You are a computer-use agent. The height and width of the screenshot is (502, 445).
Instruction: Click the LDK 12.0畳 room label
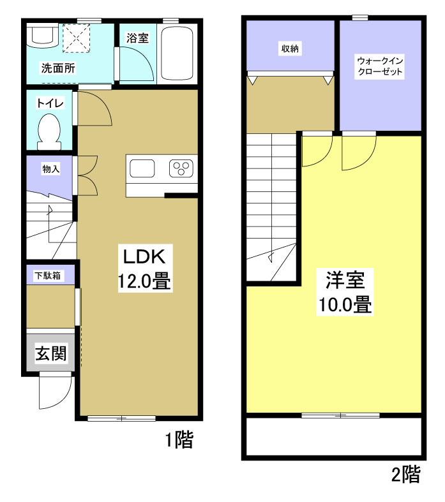pos(144,269)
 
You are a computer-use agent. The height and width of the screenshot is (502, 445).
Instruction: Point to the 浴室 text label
pos(137,38)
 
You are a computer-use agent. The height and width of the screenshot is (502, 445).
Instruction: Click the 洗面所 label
pos(59,68)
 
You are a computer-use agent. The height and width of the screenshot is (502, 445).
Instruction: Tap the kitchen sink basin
pos(142,169)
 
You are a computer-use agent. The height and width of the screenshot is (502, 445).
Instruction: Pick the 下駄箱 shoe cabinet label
pos(48,276)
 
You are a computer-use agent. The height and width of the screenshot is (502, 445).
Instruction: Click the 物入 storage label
pos(50,169)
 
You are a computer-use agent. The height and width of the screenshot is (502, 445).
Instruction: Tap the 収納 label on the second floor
pos(290,48)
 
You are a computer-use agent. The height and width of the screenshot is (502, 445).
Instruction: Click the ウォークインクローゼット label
pos(381,66)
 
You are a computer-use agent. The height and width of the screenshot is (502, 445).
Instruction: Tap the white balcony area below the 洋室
pos(332,437)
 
